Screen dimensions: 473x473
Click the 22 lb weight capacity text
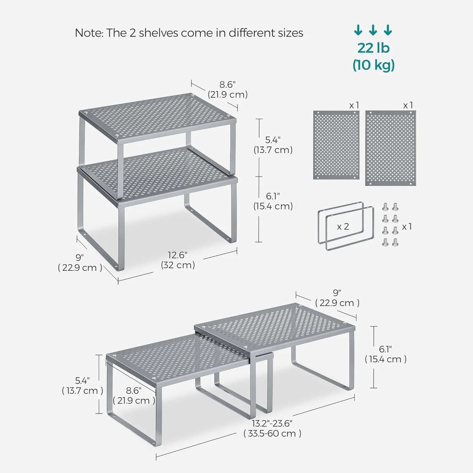[x=373, y=48]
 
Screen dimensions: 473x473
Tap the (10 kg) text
[x=373, y=65]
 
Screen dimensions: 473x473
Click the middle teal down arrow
[x=373, y=30]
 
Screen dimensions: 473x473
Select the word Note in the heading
[x=89, y=32]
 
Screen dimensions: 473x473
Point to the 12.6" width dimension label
[x=178, y=255]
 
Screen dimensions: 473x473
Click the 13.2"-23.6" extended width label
[x=272, y=423]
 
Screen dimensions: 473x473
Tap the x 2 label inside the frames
[x=343, y=226]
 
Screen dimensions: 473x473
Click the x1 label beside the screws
[x=407, y=226]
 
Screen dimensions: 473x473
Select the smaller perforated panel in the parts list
[x=336, y=145]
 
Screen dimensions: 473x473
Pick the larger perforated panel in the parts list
[x=390, y=148]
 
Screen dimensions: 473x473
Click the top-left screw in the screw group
[x=385, y=207]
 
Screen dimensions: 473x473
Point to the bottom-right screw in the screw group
[x=395, y=242]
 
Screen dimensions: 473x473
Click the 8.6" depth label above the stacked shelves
[x=227, y=84]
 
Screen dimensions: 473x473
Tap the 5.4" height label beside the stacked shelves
[x=273, y=140]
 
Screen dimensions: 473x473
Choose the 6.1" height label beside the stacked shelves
[x=273, y=196]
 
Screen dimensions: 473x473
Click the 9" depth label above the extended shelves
[x=337, y=293]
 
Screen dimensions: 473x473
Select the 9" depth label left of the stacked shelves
[x=80, y=257]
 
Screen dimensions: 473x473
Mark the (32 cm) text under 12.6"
[x=178, y=265]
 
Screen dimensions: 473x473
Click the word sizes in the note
[x=291, y=32]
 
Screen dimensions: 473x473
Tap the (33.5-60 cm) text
[x=272, y=434]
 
